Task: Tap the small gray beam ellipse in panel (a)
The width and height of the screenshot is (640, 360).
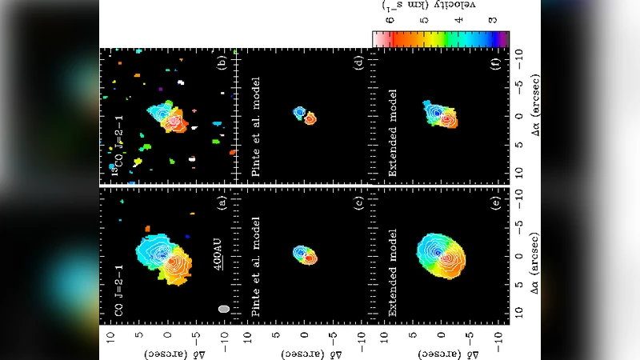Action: point(224,307)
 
